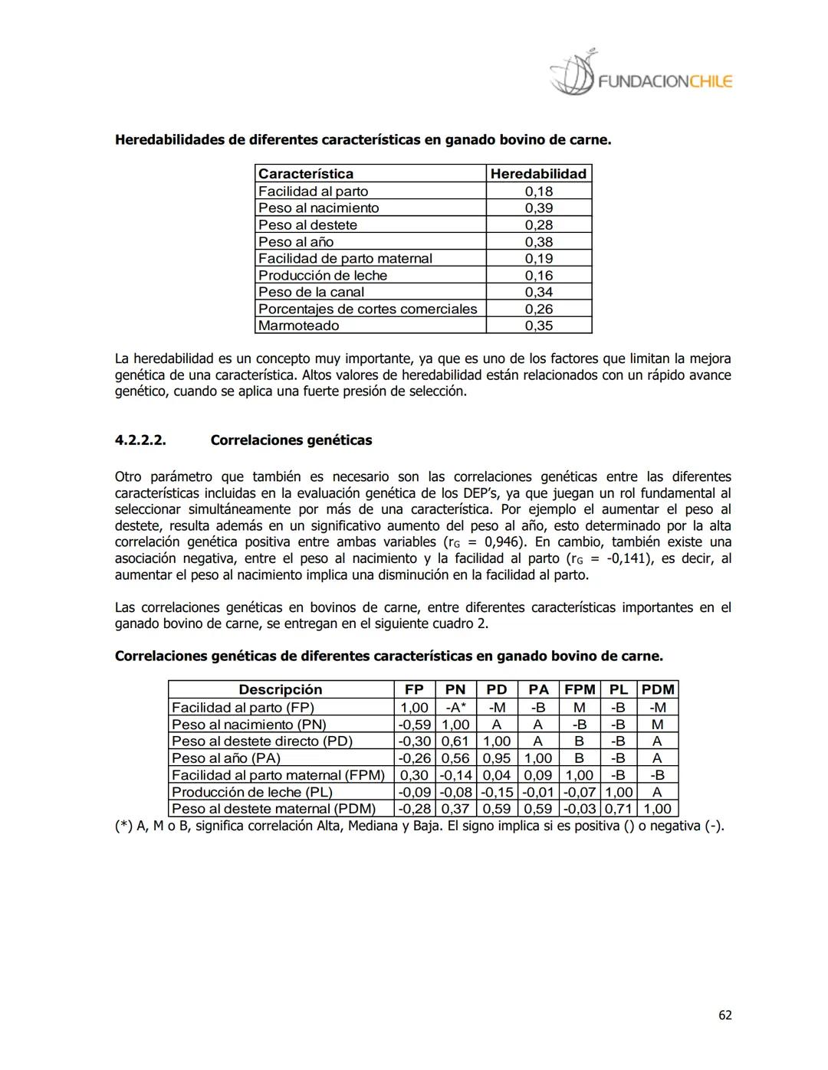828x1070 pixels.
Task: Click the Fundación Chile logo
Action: [640, 77]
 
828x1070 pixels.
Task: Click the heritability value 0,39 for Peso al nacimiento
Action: [538, 208]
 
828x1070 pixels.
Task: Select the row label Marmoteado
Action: [298, 326]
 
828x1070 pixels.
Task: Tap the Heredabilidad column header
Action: [538, 174]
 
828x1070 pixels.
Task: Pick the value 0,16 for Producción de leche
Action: [538, 276]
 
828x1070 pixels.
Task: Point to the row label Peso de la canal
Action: [311, 292]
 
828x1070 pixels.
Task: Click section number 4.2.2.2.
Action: [140, 440]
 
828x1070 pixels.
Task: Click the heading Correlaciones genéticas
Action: [291, 440]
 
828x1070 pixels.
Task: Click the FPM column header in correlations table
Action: [580, 689]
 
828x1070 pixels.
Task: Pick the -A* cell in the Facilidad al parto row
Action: [455, 708]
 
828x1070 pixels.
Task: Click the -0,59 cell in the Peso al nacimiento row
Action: [414, 725]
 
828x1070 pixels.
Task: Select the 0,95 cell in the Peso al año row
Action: [497, 758]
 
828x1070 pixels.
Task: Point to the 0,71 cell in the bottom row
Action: [619, 809]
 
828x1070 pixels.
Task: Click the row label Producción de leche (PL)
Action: [251, 792]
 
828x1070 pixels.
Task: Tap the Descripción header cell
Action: [281, 689]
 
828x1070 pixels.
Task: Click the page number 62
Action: [724, 1015]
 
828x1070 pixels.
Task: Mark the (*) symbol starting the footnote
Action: [123, 826]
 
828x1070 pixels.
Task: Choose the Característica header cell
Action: [306, 174]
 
